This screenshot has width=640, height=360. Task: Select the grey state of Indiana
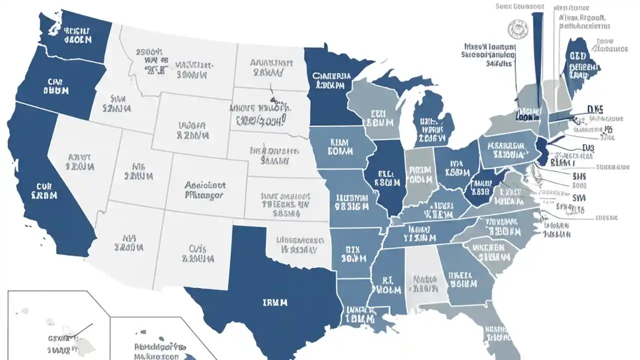(419, 175)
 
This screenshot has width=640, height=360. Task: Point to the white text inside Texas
(274, 302)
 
